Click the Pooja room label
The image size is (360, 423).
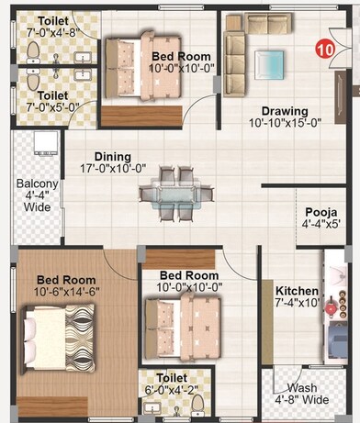click(321, 216)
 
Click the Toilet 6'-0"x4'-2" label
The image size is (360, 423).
click(172, 383)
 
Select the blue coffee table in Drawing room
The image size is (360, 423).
click(271, 62)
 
